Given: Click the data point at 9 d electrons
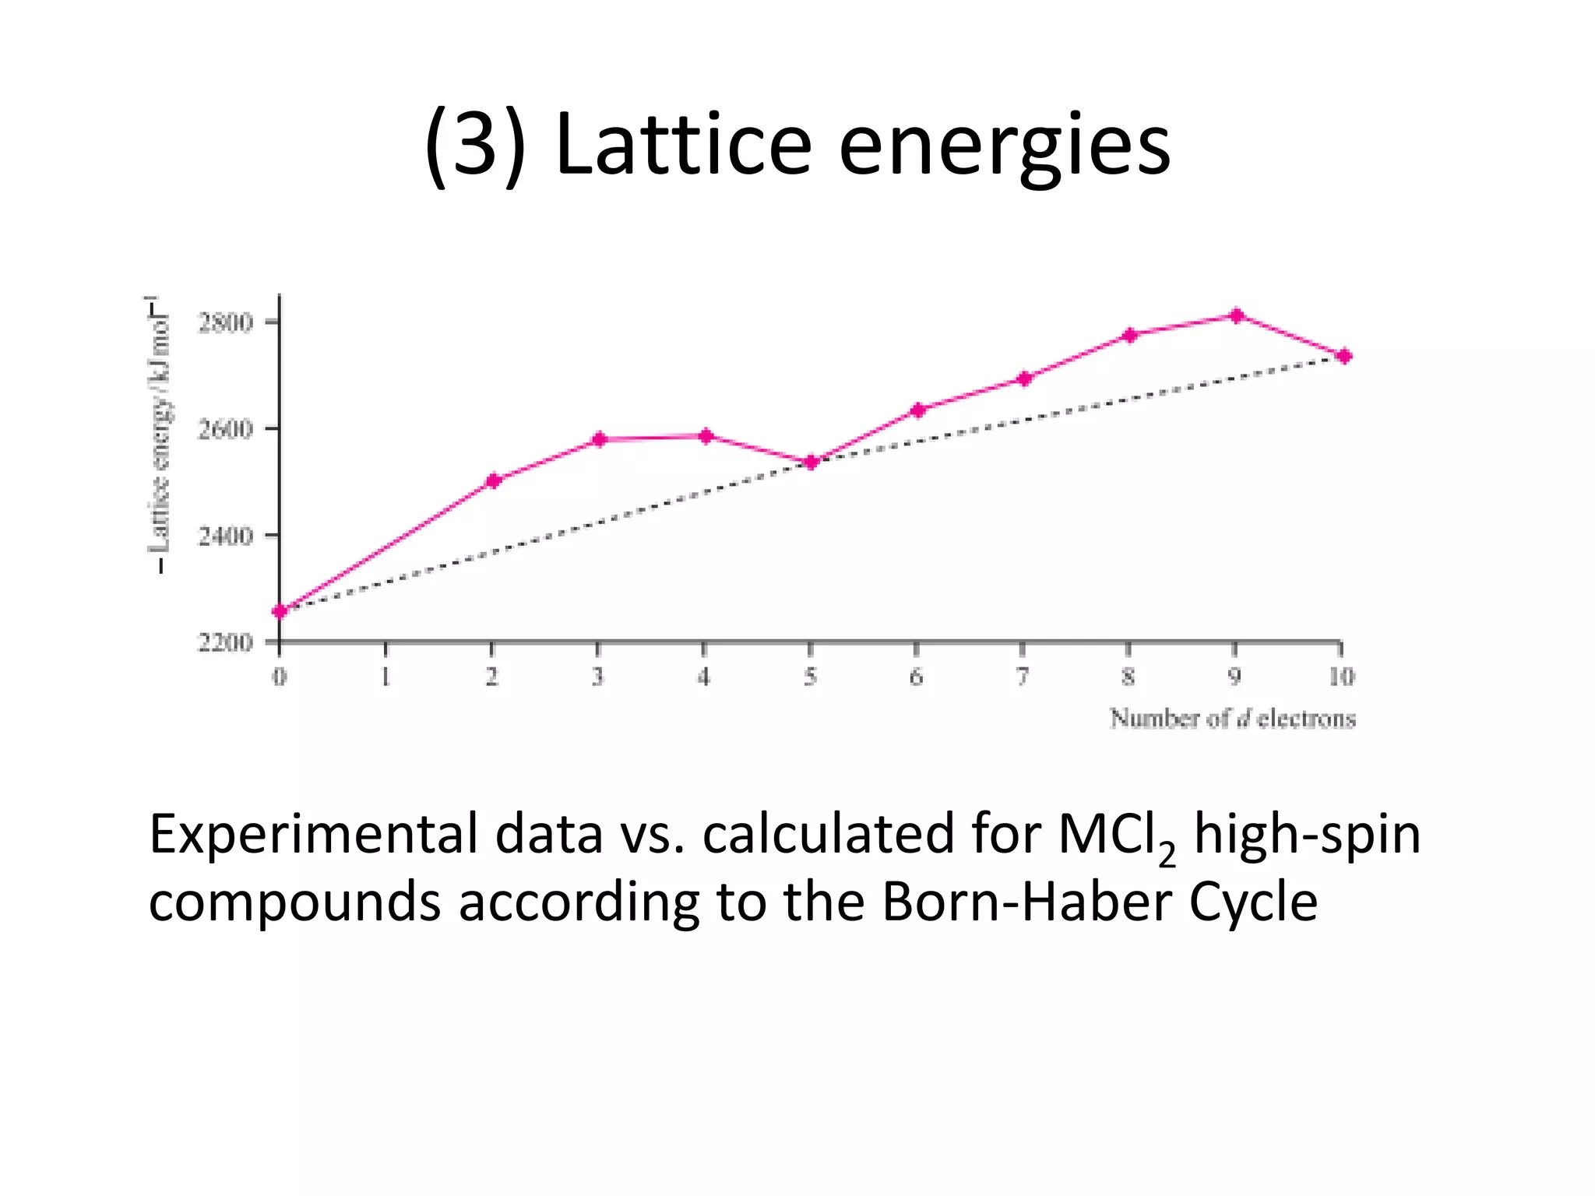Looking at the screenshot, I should click(x=1237, y=315).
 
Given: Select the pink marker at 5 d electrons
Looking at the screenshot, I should click(x=811, y=463).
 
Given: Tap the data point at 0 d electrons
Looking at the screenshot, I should click(x=280, y=611).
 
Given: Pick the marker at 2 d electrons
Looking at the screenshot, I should click(x=493, y=480).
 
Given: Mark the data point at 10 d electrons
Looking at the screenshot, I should click(x=1344, y=357).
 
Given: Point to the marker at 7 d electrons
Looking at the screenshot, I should click(x=1024, y=378).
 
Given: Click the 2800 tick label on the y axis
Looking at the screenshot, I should click(x=225, y=322).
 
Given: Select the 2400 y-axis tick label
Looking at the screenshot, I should click(x=225, y=536).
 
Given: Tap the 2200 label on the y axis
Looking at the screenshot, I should click(x=225, y=642).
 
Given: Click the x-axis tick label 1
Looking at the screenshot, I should click(x=386, y=677).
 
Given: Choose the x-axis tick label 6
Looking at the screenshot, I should click(x=917, y=677).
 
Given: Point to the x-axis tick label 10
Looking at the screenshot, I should click(x=1341, y=677).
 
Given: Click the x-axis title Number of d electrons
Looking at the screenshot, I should click(x=1232, y=718).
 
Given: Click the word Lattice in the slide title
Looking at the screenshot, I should click(x=684, y=145).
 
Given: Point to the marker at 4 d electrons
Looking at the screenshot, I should click(x=706, y=436).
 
